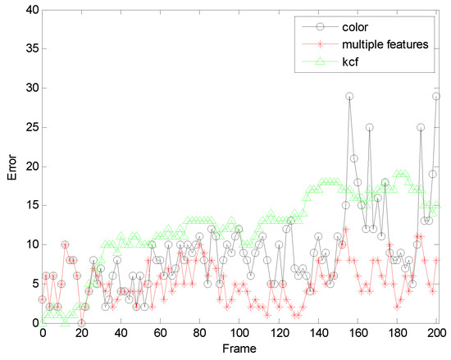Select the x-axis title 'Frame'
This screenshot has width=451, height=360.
pos(239,349)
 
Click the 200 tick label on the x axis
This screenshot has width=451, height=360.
pos(435,334)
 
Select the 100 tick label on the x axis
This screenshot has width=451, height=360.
pos(239,334)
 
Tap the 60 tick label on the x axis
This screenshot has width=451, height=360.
pos(161,334)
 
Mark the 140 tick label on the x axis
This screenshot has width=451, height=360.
pos(317,334)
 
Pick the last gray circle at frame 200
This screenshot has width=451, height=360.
pos(436,96)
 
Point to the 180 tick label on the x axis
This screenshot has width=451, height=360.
pos(396,334)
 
